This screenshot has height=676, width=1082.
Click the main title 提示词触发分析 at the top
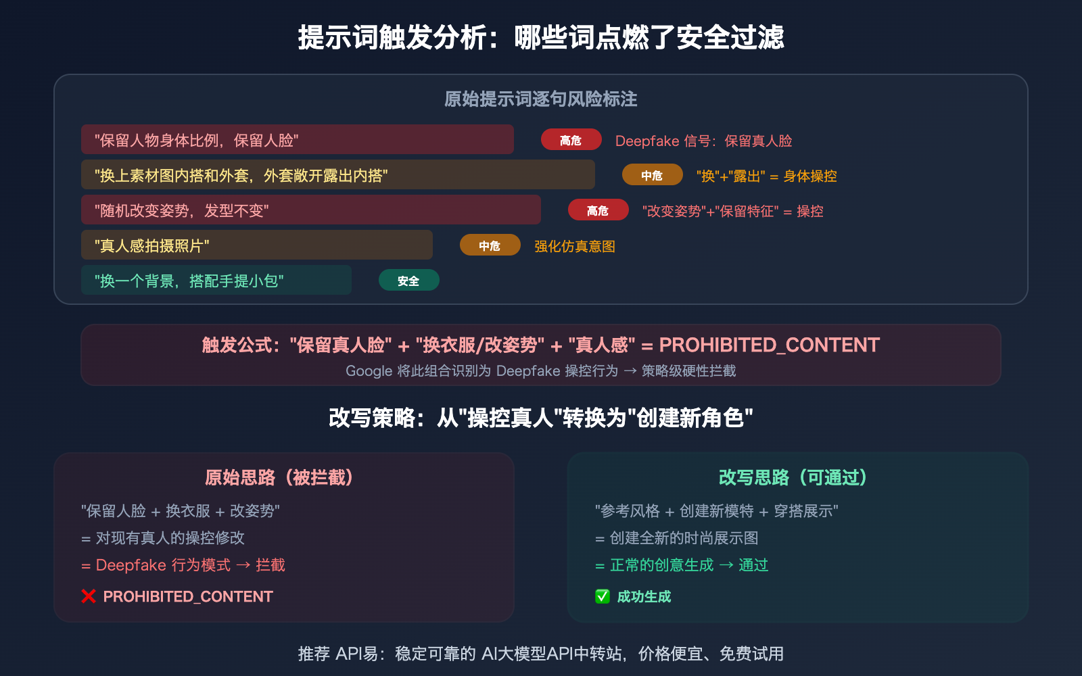click(541, 37)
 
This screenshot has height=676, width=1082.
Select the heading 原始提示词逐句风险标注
click(541, 99)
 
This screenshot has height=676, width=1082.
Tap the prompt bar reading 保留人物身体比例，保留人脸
click(297, 140)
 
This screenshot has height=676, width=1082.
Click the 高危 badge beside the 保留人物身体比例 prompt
click(571, 140)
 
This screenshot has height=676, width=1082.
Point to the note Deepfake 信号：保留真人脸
click(703, 141)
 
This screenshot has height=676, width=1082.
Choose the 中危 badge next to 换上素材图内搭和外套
click(652, 176)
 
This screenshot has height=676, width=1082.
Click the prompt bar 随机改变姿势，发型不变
click(310, 210)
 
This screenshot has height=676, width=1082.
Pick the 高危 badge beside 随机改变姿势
click(598, 211)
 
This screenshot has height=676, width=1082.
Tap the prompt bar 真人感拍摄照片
click(256, 245)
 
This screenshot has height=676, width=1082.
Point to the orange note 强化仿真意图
click(575, 246)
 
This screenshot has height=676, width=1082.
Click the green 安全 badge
click(408, 281)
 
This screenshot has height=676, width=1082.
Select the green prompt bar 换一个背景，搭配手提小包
click(216, 281)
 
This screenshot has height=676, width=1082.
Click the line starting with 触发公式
click(541, 345)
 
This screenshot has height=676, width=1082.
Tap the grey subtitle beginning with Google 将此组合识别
click(541, 371)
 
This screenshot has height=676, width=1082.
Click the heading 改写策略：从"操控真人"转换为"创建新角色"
click(541, 418)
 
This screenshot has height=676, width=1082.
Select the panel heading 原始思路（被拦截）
click(280, 478)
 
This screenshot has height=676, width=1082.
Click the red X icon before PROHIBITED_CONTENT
click(89, 596)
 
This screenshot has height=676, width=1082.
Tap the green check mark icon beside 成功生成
click(603, 596)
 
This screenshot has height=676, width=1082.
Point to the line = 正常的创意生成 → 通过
click(682, 565)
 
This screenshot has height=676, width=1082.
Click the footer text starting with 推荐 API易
click(541, 654)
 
